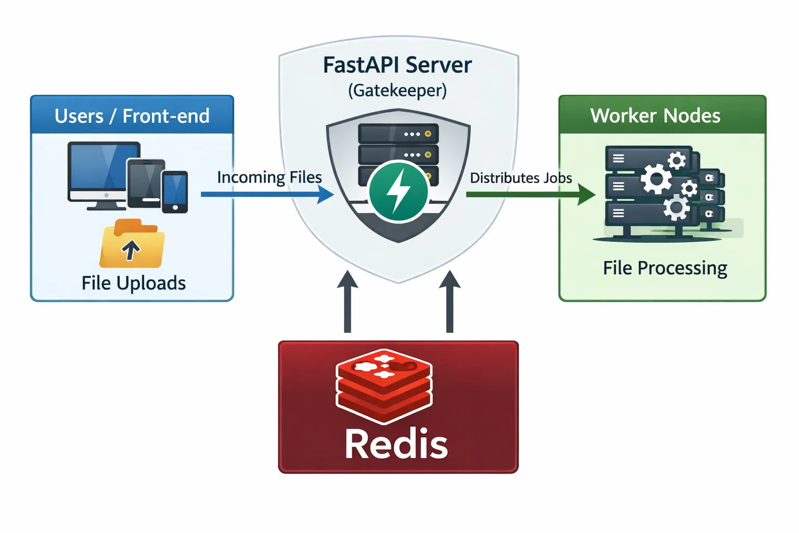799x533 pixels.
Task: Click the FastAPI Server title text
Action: coord(397,66)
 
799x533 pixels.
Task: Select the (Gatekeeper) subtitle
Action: coord(397,91)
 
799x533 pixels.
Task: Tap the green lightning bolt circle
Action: coord(398,192)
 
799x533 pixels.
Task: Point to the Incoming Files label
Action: coord(269,177)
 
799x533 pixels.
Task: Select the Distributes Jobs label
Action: coord(521,178)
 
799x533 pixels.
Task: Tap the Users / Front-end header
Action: coord(132,116)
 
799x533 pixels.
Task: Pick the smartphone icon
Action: coord(175,192)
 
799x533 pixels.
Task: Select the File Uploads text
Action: coord(134,283)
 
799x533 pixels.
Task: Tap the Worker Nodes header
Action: coord(655,116)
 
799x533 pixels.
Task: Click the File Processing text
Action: coord(665,268)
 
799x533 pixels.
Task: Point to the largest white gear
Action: coord(656,180)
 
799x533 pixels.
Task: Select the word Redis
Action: coord(396,445)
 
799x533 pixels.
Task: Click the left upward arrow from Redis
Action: coord(347,302)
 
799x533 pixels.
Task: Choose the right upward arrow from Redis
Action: coord(449,302)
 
